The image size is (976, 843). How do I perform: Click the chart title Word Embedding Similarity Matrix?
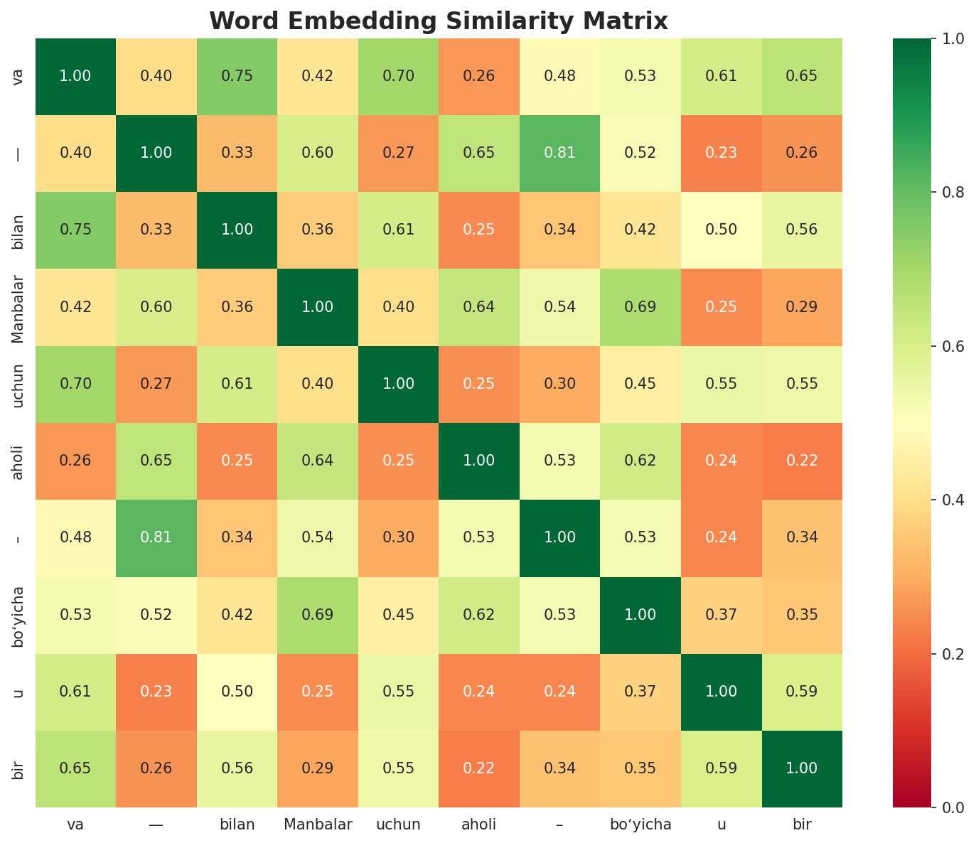point(439,21)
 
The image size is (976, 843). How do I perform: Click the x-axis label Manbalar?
point(318,825)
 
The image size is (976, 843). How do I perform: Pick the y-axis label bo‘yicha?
point(20,616)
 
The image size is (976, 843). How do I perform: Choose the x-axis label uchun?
point(399,825)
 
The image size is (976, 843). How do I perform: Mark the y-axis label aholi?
point(20,461)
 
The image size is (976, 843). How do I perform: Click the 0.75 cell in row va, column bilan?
point(237,76)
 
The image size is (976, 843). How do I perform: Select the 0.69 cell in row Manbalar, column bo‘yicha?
point(640,307)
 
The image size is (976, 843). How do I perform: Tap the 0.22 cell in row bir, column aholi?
point(479,768)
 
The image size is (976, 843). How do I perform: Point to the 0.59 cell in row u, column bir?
point(802,692)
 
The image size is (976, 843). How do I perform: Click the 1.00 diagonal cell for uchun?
point(399,384)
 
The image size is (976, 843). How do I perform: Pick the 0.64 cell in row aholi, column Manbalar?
point(318,461)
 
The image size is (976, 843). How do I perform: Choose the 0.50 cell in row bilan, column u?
point(722,230)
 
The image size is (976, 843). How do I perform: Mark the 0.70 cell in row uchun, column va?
point(75,384)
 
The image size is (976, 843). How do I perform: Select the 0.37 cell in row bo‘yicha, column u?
point(722,615)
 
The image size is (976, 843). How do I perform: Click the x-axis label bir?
point(802,825)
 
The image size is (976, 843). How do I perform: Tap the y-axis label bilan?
point(20,230)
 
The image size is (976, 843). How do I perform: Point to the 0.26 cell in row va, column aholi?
point(479,76)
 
